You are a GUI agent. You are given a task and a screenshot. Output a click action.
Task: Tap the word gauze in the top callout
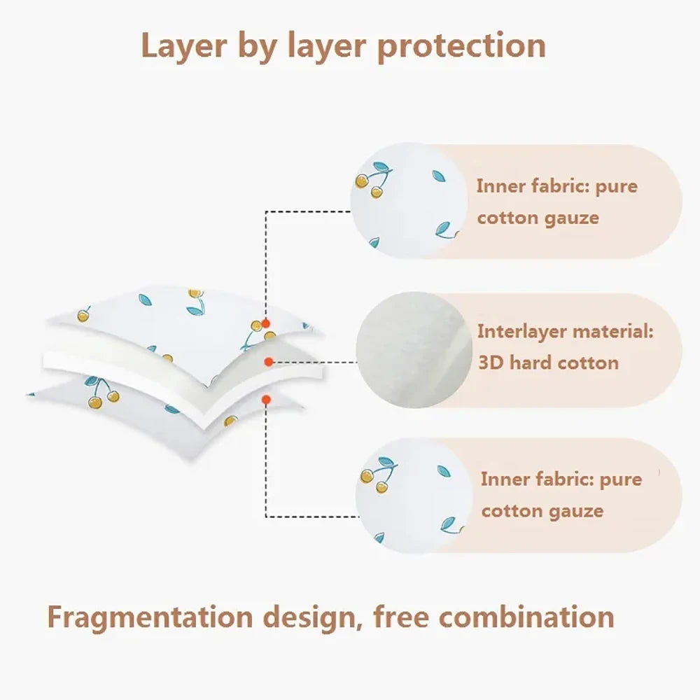click(x=570, y=217)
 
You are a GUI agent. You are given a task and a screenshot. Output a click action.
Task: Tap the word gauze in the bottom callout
click(x=574, y=510)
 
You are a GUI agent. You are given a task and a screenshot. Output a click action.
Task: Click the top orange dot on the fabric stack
click(x=265, y=324)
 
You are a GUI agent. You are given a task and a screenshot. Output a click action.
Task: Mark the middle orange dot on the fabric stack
click(x=268, y=361)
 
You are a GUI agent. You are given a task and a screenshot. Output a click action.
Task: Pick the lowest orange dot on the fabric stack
click(x=265, y=399)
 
